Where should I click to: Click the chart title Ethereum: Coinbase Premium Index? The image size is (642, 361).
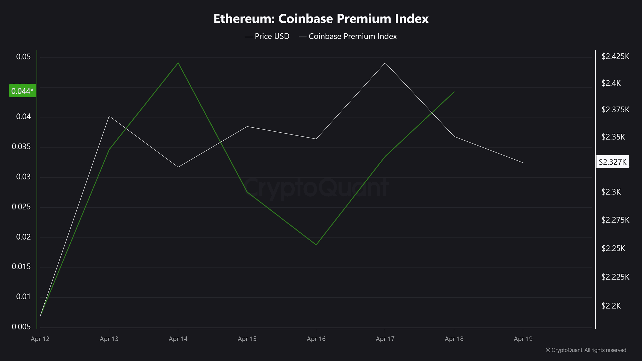coord(321,19)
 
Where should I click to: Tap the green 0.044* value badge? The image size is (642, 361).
coord(22,91)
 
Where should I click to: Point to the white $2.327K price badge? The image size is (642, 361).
coord(612,162)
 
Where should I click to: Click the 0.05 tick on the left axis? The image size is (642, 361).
coord(23,57)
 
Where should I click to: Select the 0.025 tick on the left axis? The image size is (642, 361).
coord(21,207)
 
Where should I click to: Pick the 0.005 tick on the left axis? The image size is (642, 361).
coord(21,327)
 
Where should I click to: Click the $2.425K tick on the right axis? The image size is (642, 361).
coord(615,56)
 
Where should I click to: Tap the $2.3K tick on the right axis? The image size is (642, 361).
coord(611,192)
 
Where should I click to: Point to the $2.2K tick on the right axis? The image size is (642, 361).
coord(611,306)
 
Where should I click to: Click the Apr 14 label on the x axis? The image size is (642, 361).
coord(178,339)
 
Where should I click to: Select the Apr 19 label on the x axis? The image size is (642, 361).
coord(523,339)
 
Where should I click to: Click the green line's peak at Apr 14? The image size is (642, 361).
coord(178,63)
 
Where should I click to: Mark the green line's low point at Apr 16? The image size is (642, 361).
coord(316,245)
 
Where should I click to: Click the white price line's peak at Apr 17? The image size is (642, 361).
coord(385,63)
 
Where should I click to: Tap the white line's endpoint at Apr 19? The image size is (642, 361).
coord(523,163)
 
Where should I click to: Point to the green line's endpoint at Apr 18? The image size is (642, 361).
coord(454,92)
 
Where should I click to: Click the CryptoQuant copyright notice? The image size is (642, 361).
coord(586,350)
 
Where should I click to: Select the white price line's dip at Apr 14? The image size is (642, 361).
coord(178,167)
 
